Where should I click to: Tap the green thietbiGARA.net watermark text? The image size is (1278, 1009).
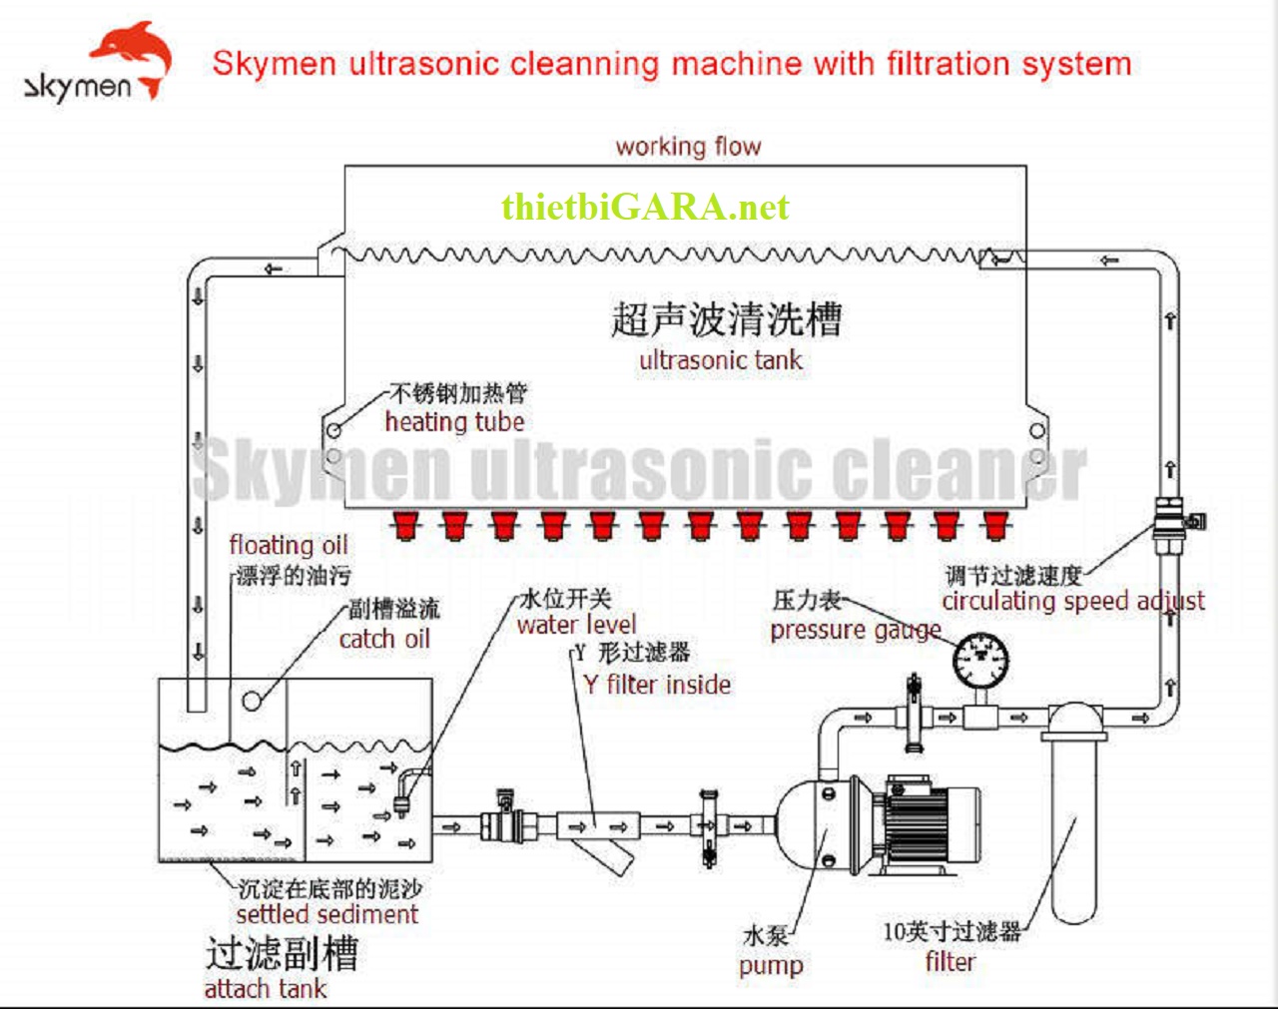(645, 207)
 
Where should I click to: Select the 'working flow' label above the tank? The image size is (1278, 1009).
(688, 147)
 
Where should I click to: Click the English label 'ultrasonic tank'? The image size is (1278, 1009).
(720, 360)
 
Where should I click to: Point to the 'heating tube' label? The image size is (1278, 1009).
(454, 422)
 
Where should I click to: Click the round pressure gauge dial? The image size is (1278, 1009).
(980, 660)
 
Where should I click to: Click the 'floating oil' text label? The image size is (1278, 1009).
(289, 545)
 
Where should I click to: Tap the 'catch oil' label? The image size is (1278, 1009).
(384, 640)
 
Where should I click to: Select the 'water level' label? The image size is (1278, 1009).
(576, 626)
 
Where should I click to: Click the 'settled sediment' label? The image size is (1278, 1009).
(326, 914)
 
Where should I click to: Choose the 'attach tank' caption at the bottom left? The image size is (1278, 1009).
(265, 989)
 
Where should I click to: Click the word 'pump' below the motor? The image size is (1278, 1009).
(771, 966)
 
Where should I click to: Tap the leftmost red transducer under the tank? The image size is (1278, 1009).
(404, 525)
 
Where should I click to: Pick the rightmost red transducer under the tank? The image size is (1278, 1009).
(993, 525)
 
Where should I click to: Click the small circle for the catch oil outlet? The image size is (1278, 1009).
(252, 701)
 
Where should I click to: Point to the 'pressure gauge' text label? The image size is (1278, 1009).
(855, 631)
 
